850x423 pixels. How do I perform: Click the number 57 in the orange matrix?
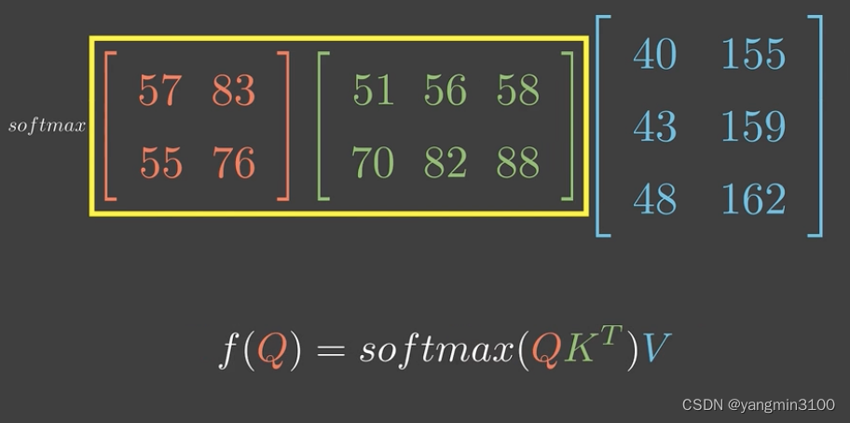pos(159,90)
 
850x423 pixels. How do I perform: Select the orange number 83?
pos(232,90)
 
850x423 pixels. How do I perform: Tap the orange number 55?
pos(160,163)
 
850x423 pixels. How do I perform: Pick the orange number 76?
pos(233,163)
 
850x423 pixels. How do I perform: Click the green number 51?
pos(373,90)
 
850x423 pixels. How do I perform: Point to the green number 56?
pos(445,90)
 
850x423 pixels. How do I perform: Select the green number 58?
pos(517,90)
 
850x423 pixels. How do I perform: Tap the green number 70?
pos(373,163)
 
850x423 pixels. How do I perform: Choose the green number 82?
pos(445,163)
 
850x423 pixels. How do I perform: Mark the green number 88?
pos(517,163)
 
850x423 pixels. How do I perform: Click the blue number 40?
pos(654,54)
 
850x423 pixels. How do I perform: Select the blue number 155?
pos(753,54)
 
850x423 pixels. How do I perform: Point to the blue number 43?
pos(654,126)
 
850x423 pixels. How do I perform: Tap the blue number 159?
pos(753,126)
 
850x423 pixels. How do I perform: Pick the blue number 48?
pos(654,198)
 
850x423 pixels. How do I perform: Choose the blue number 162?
pos(753,198)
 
